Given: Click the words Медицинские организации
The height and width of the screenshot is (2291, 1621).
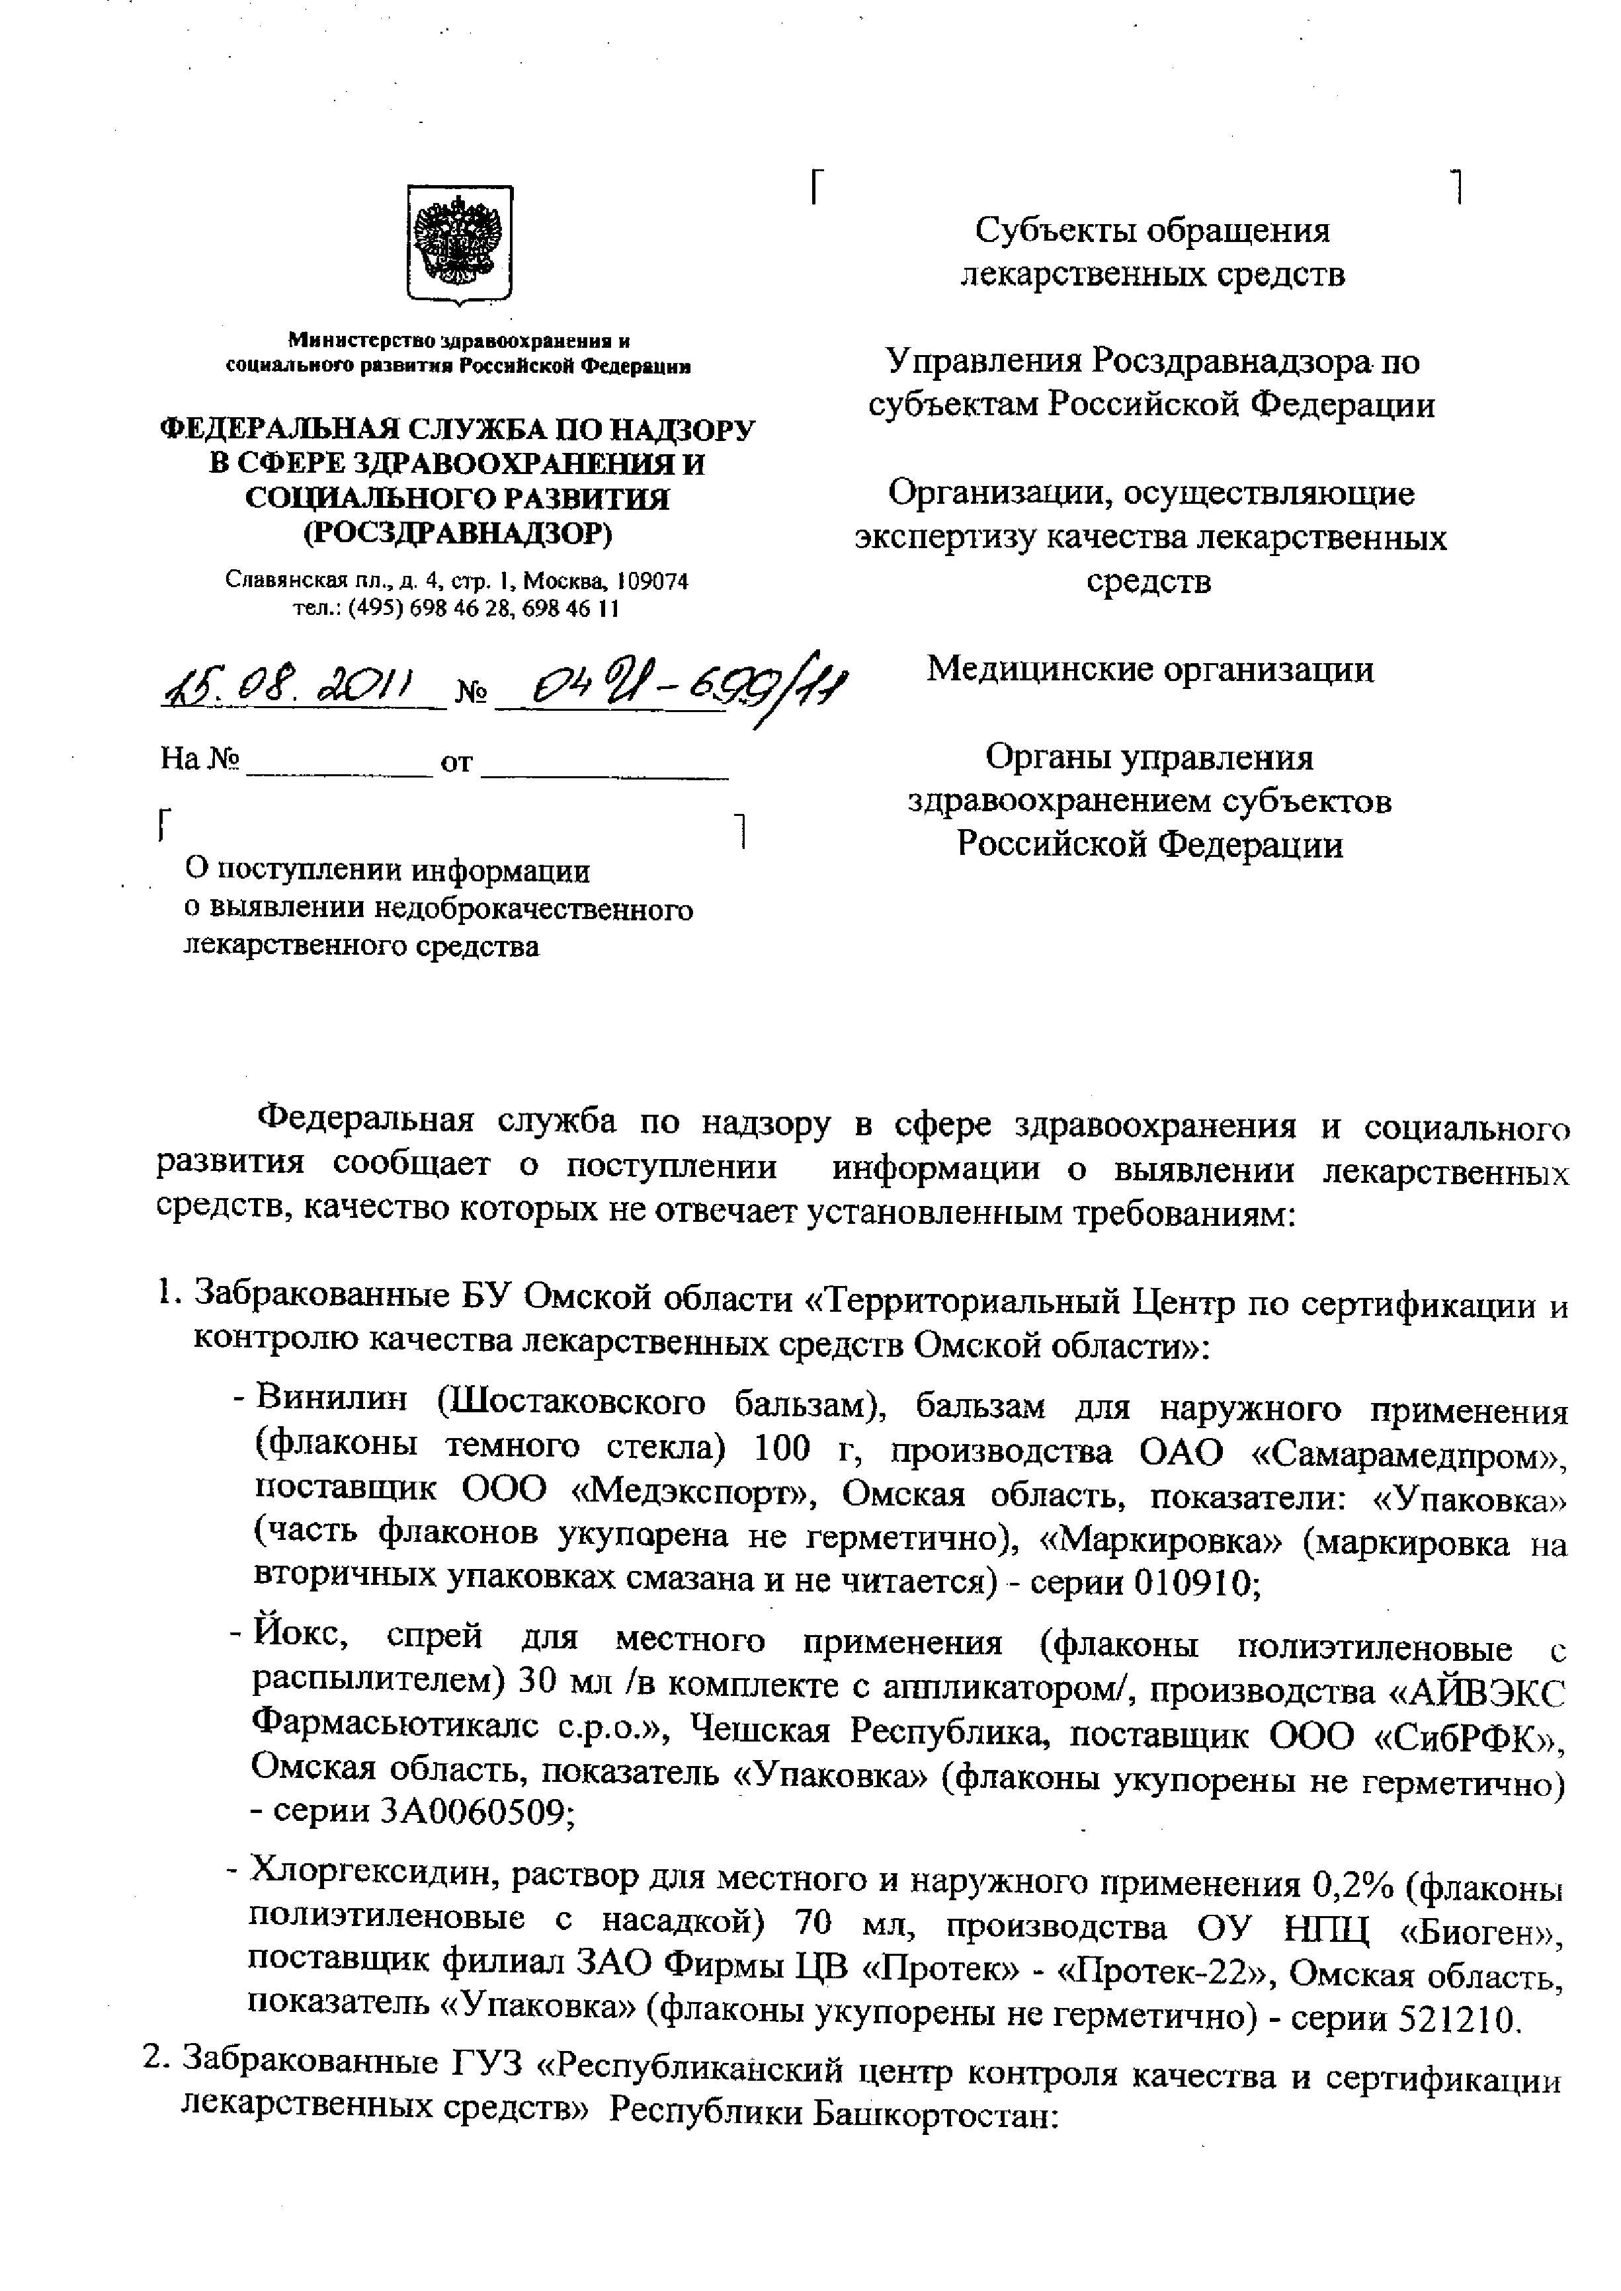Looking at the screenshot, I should [x=1150, y=668].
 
